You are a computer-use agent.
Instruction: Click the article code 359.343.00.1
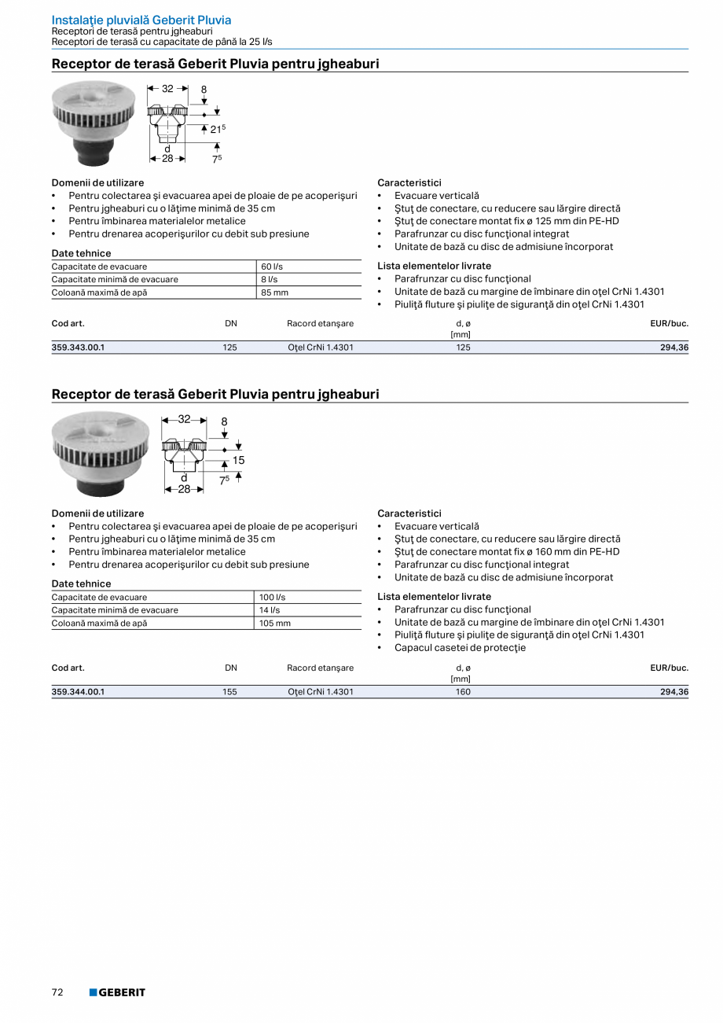click(78, 347)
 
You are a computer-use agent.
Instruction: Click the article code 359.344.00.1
click(78, 692)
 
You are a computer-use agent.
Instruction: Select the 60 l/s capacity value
click(272, 267)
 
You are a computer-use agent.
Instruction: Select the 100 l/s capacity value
click(273, 598)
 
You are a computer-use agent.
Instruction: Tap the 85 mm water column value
click(274, 293)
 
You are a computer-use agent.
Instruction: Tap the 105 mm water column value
click(275, 623)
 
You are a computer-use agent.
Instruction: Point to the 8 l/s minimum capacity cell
click(269, 279)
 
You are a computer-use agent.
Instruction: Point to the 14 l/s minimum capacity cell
click(270, 610)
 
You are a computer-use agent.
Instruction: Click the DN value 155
click(229, 692)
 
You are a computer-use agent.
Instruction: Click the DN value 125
click(229, 347)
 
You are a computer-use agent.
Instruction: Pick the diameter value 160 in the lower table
click(464, 692)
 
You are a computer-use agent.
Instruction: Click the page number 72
click(57, 992)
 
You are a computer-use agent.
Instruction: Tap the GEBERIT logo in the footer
click(117, 992)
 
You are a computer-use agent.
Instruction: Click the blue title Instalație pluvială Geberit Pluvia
click(141, 20)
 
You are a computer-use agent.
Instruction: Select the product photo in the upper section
click(94, 123)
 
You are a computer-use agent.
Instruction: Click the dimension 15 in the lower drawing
click(239, 460)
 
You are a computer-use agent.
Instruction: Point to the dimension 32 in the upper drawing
click(167, 90)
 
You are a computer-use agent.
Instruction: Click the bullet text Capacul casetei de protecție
click(460, 648)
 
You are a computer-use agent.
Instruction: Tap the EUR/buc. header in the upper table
click(669, 323)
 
